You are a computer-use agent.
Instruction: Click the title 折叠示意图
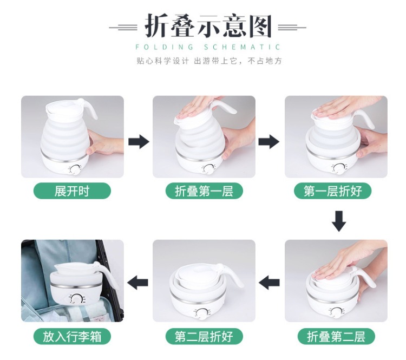coord(208,26)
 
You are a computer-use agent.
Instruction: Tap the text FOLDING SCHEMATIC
coord(208,47)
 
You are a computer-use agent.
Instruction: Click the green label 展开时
coord(72,191)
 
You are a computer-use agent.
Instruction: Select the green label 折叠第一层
coord(204,191)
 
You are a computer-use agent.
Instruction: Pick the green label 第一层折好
coord(333,191)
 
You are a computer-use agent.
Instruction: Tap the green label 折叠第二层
coord(336,336)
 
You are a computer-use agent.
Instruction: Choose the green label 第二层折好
coord(204,336)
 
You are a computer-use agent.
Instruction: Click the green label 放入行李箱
coord(72,336)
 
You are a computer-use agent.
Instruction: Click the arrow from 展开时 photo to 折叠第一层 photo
coord(139,142)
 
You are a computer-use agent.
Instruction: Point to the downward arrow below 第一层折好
coord(339,221)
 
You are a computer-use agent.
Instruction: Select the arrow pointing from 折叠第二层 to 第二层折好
coord(269,282)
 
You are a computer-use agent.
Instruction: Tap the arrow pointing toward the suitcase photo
coord(137,282)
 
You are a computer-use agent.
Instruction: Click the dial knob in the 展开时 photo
coord(76,170)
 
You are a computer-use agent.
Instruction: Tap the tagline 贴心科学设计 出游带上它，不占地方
coord(209,61)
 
